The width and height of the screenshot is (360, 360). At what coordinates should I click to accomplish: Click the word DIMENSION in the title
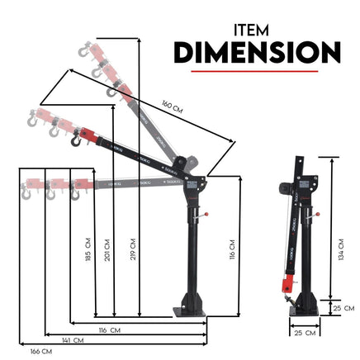[257, 54]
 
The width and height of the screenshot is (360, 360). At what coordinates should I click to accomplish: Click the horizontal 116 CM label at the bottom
[109, 330]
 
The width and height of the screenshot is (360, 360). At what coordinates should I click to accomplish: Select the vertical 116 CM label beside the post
[234, 245]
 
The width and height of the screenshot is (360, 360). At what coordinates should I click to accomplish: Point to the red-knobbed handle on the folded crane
[315, 212]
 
